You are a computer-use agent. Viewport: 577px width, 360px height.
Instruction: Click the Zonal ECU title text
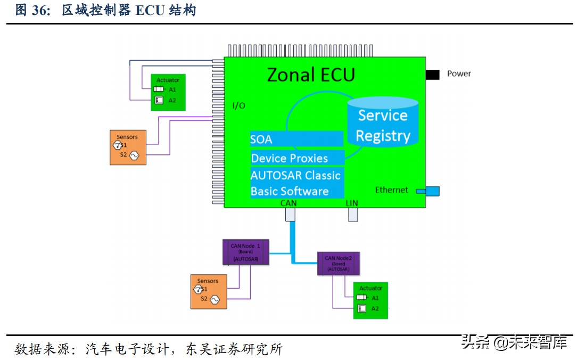[311, 75]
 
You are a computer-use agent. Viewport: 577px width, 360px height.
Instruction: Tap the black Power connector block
[432, 75]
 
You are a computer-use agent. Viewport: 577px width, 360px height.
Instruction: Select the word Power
[459, 74]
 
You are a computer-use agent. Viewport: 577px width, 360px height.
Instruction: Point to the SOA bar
[296, 140]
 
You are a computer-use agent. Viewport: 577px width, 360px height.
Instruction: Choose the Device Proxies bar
[296, 158]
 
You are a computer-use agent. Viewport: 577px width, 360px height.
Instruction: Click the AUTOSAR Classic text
[295, 175]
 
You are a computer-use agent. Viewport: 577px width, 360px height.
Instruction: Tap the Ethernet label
[391, 190]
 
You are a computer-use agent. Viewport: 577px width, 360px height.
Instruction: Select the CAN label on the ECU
[288, 203]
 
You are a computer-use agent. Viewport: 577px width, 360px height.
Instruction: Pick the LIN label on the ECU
[352, 203]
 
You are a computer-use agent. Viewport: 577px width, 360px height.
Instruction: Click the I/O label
[239, 105]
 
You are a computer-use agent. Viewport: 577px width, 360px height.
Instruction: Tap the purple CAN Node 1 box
[245, 252]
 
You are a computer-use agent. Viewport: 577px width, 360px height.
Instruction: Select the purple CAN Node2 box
[339, 263]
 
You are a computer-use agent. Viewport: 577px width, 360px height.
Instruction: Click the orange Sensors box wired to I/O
[128, 147]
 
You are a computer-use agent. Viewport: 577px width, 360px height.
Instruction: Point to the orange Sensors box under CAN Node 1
[208, 291]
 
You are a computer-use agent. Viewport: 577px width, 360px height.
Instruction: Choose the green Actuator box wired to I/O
[168, 92]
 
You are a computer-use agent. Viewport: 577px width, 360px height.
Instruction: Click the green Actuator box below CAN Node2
[370, 300]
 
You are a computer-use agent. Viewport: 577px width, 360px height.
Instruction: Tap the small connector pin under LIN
[352, 214]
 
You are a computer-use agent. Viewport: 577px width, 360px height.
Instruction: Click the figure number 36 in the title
[40, 11]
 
